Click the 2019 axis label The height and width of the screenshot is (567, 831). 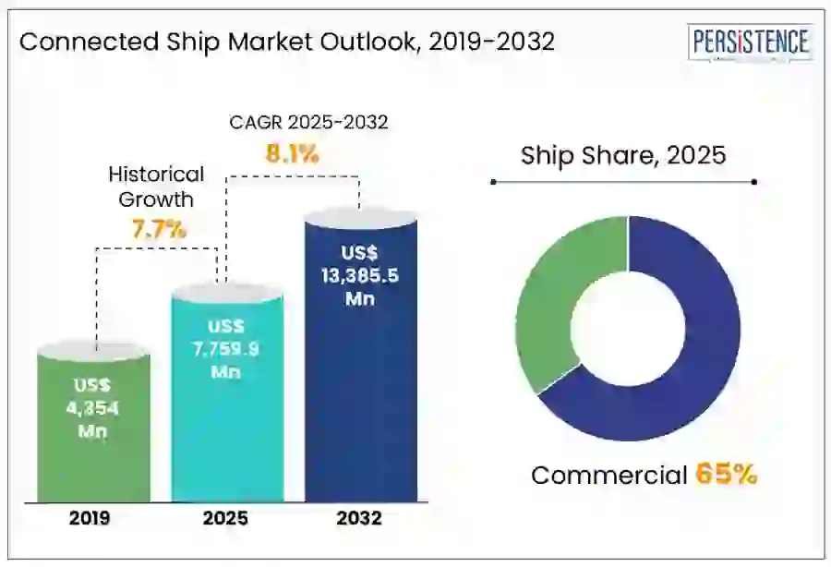click(90, 519)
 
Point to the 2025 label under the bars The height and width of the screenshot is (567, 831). click(225, 519)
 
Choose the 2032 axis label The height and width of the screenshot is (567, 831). click(359, 519)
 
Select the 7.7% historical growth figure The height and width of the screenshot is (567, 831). click(159, 229)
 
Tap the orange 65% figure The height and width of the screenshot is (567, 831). click(727, 475)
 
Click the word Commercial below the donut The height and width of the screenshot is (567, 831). click(609, 476)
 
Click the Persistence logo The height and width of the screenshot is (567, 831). click(750, 42)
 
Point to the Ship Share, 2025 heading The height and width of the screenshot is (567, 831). click(623, 155)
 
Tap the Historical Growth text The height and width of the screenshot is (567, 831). click(156, 186)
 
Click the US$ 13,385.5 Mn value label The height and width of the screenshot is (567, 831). click(360, 275)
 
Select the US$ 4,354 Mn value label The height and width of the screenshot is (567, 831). click(93, 405)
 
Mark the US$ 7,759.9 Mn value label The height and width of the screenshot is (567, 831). click(225, 349)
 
